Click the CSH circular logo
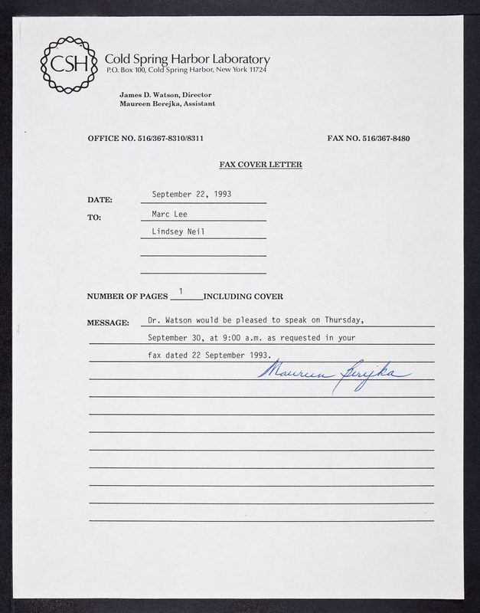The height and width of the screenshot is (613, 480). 69,64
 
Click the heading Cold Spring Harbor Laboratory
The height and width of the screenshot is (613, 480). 187,59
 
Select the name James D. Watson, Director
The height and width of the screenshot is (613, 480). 165,94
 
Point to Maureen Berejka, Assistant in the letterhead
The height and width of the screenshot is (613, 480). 167,103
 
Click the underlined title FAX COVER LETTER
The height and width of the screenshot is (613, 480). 260,165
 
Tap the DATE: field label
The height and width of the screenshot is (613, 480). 100,200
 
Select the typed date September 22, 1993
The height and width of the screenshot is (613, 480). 191,195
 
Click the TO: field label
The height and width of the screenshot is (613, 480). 94,218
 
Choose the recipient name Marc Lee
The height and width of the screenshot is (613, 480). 169,215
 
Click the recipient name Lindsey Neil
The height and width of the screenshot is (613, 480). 178,231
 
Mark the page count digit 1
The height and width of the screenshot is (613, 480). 181,291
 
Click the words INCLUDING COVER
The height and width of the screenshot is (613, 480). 243,297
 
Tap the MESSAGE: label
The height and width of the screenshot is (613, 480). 108,323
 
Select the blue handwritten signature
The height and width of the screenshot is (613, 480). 335,373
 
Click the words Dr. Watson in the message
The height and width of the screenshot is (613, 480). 170,320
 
